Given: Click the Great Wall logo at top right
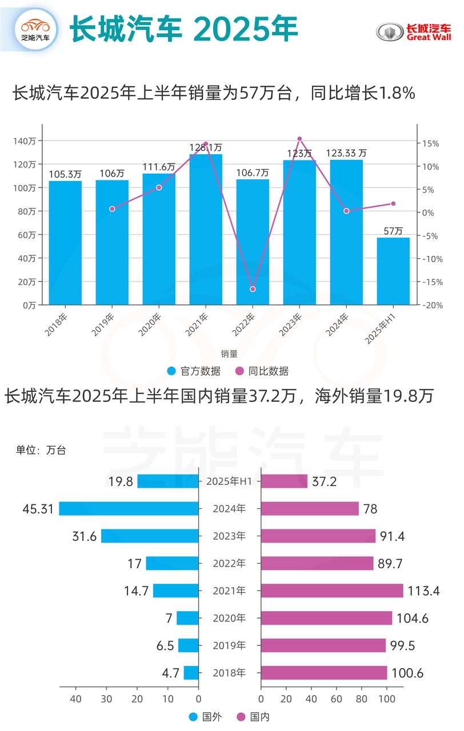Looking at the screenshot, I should pos(413,32).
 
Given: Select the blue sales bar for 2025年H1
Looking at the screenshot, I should pos(393,271).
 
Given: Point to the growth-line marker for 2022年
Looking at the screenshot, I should pos(253,289).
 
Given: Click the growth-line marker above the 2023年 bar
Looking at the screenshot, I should pos(299,139).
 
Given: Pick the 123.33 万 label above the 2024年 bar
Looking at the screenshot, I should pos(346,153).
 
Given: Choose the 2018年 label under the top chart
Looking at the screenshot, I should pos(57,323).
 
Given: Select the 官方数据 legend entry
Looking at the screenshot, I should pos(194,371).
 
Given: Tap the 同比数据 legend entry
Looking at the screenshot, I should pos(262,371).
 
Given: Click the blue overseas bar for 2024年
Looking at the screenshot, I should pos(129,508).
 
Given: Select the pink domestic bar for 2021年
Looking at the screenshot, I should pos(332,591).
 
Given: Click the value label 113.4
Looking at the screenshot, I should pos(423,591).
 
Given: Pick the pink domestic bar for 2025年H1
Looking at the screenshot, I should pos(284,481).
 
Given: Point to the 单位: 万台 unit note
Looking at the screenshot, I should pos(41,450).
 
